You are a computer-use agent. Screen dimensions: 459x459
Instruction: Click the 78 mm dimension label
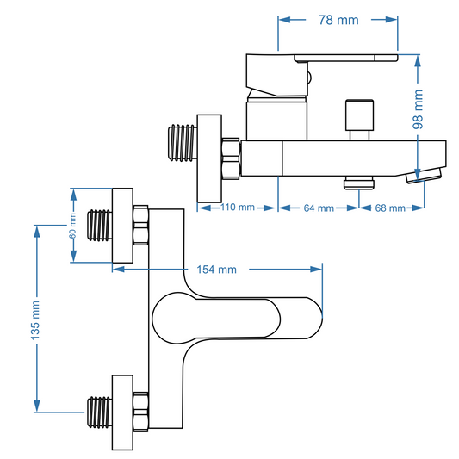coord(338,20)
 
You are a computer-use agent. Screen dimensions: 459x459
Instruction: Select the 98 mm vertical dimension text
coord(418,109)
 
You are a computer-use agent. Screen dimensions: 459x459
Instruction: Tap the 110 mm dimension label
coord(237,207)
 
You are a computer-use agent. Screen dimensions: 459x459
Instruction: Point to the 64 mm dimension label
coord(319,208)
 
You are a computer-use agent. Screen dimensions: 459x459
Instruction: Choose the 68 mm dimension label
coord(390,208)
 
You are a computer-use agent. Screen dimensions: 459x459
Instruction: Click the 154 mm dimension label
coord(216,270)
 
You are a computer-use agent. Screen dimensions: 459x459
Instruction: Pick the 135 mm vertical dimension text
coord(35,320)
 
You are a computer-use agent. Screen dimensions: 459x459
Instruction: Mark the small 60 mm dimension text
coord(72,226)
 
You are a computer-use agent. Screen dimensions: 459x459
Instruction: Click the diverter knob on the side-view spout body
coord(359,120)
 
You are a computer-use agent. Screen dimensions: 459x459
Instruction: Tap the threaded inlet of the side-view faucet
coord(183,143)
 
